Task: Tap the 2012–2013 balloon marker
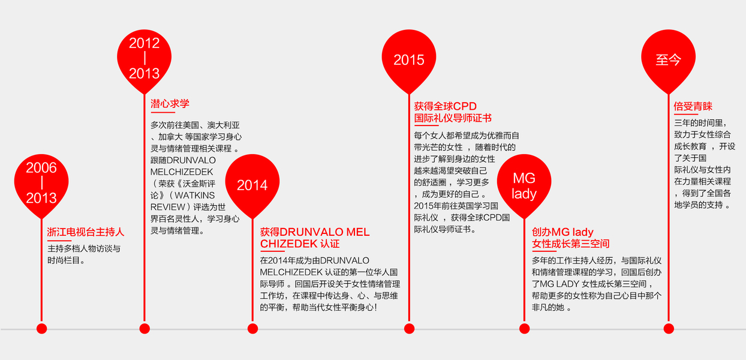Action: point(144,58)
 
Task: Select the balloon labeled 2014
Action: point(252,184)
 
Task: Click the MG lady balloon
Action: point(524,185)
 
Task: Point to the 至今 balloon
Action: point(669,59)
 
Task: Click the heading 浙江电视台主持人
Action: point(86,232)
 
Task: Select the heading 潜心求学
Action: point(170,103)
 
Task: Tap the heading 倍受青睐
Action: point(693,106)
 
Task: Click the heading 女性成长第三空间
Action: point(570,244)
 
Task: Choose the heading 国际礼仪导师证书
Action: point(453,118)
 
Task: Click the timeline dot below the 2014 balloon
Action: point(252,328)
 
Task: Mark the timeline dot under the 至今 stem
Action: point(669,328)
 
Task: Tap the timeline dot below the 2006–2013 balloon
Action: point(41,328)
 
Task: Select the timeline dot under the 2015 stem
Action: point(409,328)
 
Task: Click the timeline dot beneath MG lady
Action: point(524,328)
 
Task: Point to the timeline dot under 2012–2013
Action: point(144,328)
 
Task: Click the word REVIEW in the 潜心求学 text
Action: point(169,206)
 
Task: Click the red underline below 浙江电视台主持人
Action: point(59,241)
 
